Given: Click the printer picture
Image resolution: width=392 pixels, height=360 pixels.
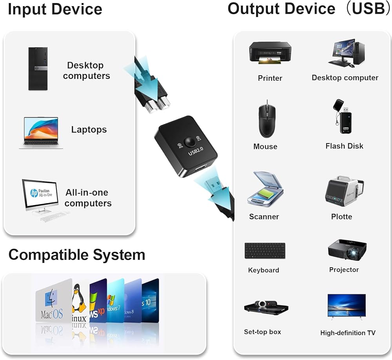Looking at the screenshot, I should click(x=270, y=52).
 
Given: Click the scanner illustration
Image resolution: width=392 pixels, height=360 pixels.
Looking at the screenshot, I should click(x=265, y=189).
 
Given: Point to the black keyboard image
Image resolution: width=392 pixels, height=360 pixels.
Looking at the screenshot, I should click(x=265, y=251).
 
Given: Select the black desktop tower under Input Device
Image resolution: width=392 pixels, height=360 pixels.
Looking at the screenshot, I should click(x=38, y=69).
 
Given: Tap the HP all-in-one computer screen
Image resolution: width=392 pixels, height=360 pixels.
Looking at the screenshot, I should click(x=40, y=194).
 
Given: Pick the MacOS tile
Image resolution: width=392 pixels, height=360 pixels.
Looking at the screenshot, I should click(x=53, y=301).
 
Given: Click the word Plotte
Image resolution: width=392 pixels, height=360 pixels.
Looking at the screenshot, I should click(x=341, y=217).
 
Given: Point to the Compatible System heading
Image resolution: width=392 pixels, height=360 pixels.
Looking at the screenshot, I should click(x=77, y=255).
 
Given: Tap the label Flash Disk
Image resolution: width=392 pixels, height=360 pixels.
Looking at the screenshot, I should click(x=344, y=146).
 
